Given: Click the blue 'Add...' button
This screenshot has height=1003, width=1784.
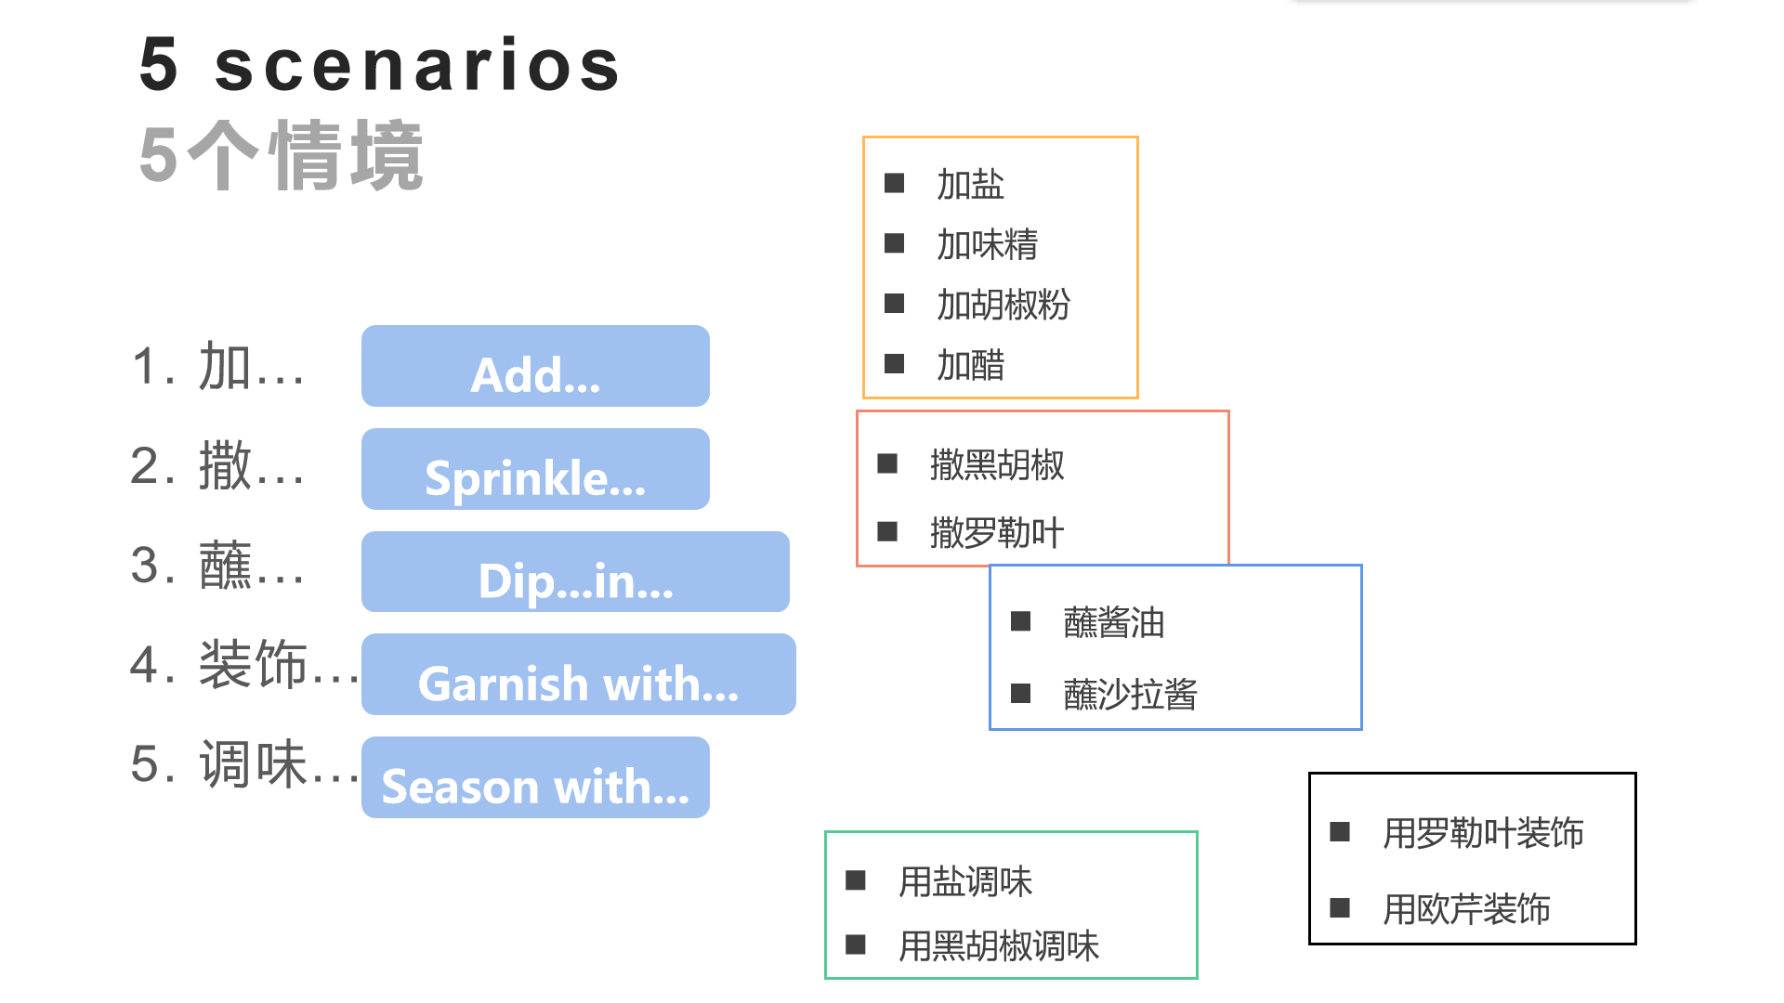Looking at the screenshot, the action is point(535,367).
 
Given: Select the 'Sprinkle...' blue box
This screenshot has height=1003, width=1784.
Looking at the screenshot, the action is point(535,470).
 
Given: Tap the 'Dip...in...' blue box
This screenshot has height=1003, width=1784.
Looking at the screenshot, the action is point(575,572).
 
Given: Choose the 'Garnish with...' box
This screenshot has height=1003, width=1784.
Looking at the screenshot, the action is point(578,675).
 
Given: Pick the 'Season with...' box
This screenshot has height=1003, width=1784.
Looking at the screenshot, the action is point(535,778).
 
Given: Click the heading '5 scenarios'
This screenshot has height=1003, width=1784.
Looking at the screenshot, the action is point(379,65).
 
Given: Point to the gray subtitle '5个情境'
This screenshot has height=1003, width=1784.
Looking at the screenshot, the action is point(282,156).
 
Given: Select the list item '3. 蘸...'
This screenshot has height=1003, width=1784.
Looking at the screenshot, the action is point(218,566).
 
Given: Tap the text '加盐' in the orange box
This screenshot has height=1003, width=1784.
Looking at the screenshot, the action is point(970,185).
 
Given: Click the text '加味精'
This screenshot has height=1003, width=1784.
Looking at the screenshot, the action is point(987,245).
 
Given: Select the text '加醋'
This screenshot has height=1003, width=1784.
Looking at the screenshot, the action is point(970,366).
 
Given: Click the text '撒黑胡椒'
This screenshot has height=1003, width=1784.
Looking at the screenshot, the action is point(997,465).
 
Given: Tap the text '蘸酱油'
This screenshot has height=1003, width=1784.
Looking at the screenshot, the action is point(1113,623).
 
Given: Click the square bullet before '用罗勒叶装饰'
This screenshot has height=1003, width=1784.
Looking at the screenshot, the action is point(1340,831).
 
